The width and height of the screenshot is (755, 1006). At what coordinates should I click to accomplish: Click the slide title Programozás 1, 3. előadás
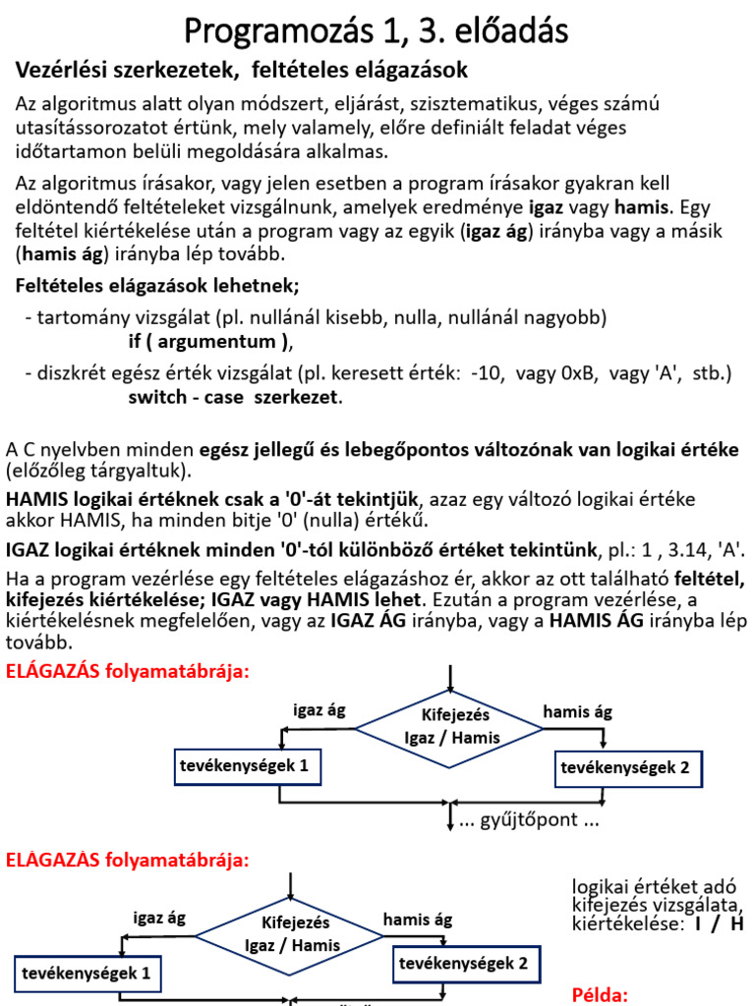[x=377, y=32]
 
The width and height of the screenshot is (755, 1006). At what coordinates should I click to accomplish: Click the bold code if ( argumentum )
[x=209, y=342]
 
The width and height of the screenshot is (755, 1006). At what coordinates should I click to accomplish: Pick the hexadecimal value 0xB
[x=572, y=374]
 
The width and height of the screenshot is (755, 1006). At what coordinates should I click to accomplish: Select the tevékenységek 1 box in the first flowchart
[x=247, y=766]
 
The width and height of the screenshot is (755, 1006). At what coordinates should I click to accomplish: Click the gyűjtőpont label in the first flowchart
[x=529, y=819]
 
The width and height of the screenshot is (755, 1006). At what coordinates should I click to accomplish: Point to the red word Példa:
[x=599, y=993]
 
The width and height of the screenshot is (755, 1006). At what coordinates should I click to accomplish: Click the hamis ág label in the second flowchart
[x=417, y=920]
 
